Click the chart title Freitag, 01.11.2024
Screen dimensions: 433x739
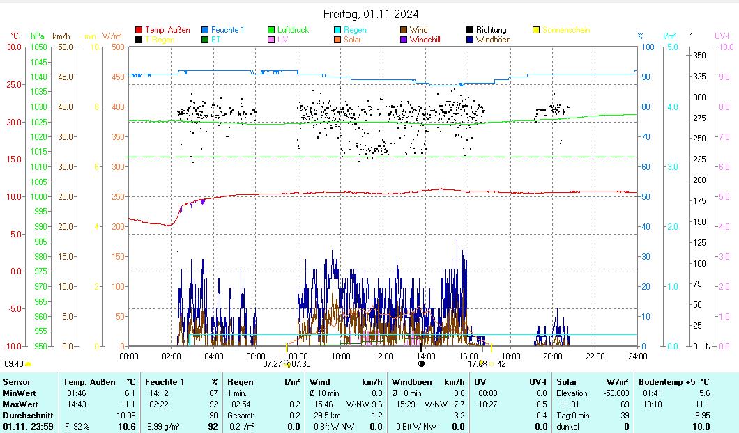[x=371, y=14]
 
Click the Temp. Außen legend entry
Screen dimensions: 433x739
[x=163, y=30]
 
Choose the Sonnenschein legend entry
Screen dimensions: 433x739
[x=565, y=30]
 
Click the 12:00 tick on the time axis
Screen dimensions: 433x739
[x=383, y=356]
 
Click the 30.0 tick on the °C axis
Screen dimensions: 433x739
[x=13, y=47]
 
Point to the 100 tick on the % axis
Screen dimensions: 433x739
[x=648, y=47]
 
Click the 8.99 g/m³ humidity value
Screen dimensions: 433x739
[x=165, y=426]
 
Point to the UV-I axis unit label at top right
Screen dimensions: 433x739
[x=722, y=35]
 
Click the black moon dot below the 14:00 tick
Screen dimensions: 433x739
[x=421, y=363]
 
